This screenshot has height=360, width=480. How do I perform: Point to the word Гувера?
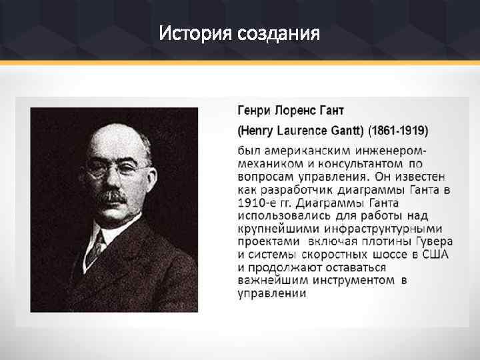pyautogui.click(x=435, y=241)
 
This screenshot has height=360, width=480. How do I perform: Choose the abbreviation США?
pyautogui.click(x=434, y=255)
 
